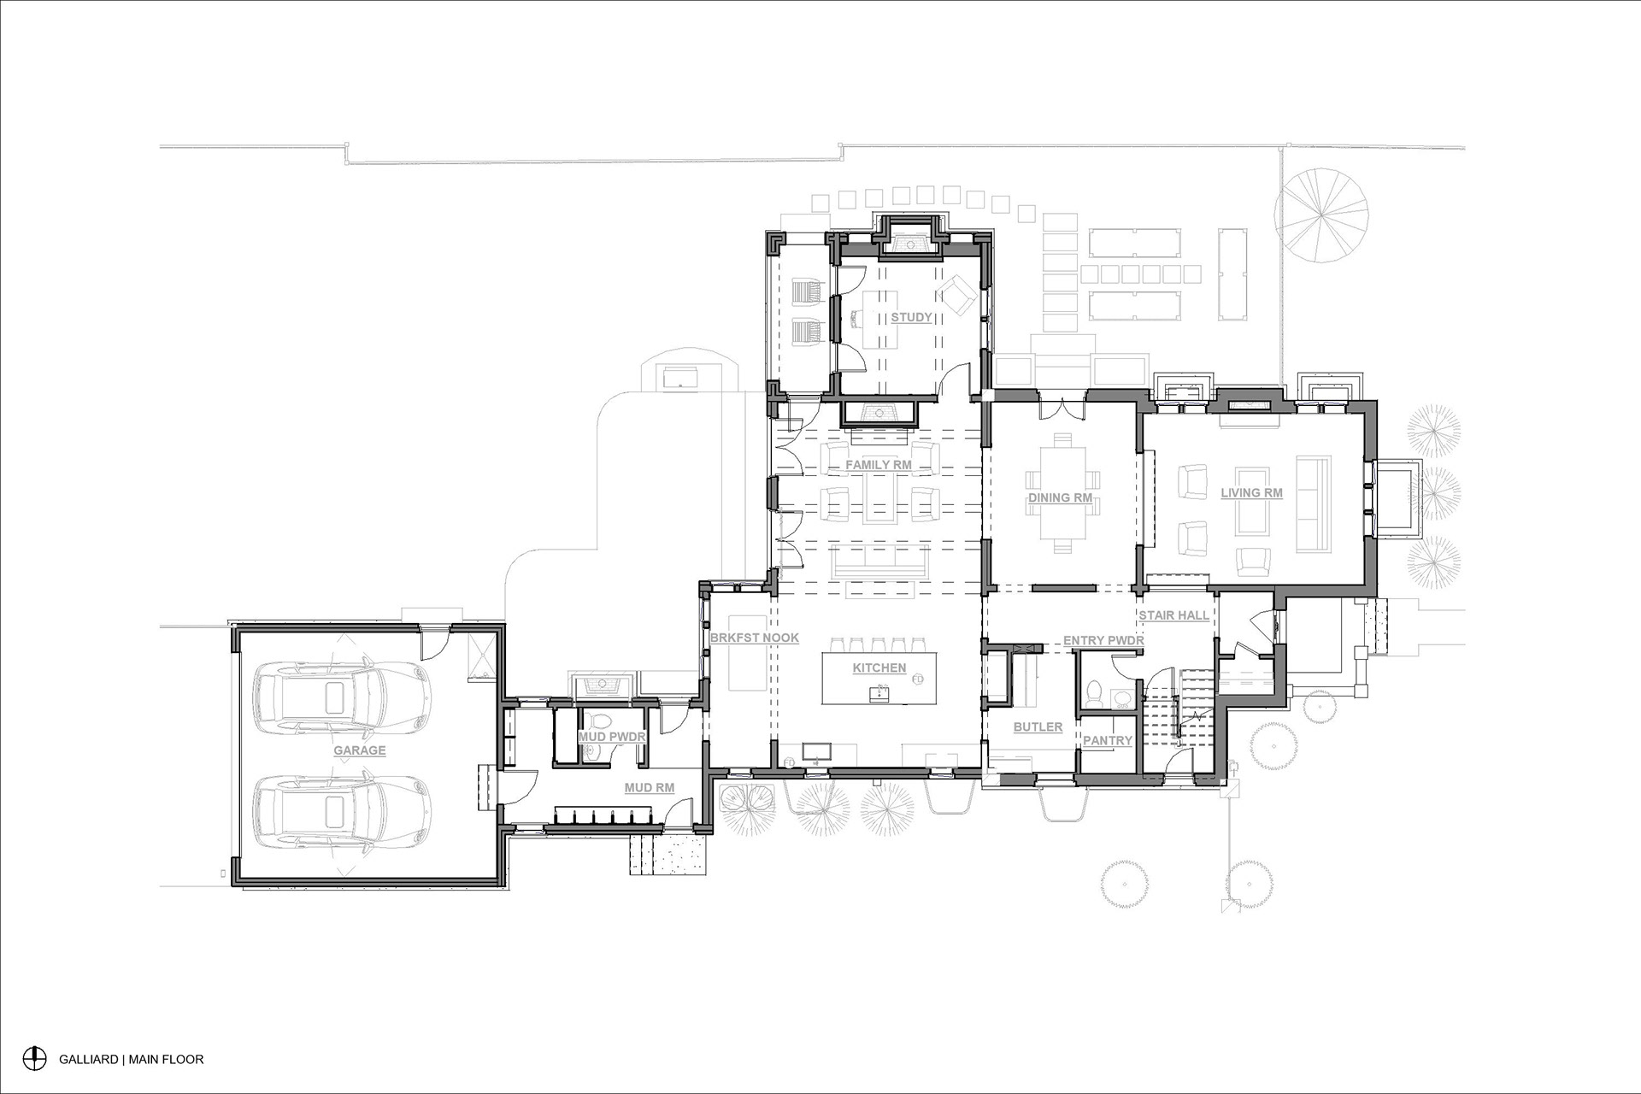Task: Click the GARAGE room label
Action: [x=359, y=750]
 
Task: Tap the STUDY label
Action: [x=911, y=317]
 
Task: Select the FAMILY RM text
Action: [x=879, y=465]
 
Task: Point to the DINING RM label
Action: [x=1060, y=497]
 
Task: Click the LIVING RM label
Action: [x=1251, y=492]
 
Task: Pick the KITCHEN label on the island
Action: [x=879, y=668]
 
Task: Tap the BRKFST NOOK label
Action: [x=754, y=638]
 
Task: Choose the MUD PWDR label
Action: [x=611, y=736]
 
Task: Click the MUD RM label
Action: [x=650, y=788]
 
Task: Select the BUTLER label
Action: [x=1038, y=727]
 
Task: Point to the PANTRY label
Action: [x=1108, y=740]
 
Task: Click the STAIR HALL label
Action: [x=1173, y=615]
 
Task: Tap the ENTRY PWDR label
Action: [x=1103, y=640]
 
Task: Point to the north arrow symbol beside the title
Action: [x=34, y=1057]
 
